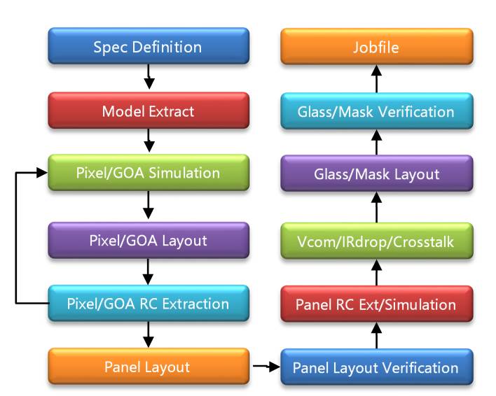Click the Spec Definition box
pos(149,46)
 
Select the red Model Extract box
pos(149,111)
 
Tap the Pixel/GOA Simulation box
pos(149,172)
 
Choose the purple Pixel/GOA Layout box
pos(149,240)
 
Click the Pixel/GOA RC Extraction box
pos(149,303)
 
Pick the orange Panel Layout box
pos(149,367)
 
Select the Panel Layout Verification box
pos(377,367)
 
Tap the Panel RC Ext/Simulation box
pos(377,304)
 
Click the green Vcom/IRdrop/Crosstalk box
pos(377,241)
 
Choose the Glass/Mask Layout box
pos(377,174)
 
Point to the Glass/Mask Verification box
pos(377,111)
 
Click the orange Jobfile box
pos(377,46)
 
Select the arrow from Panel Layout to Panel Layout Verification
pos(266,367)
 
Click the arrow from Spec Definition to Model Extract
pos(149,77)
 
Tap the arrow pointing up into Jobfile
pos(376,78)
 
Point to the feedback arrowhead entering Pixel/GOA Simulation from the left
pos(42,172)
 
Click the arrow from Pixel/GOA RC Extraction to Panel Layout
pos(149,334)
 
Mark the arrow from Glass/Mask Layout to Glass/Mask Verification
pos(376,142)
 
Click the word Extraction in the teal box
pos(195,304)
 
